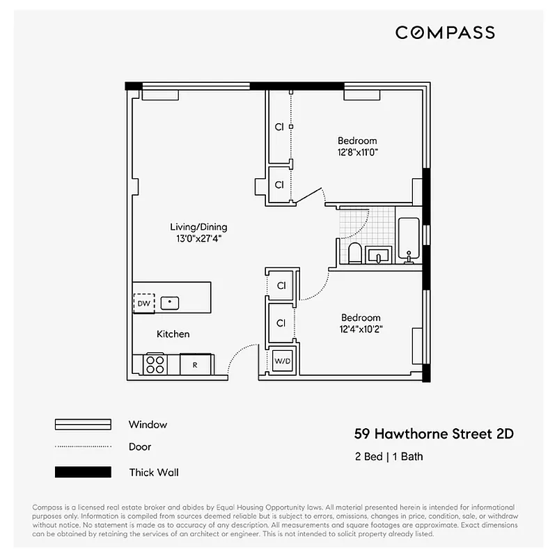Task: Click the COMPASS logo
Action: tap(445, 33)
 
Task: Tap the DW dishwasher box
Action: tap(143, 303)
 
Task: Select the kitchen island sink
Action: tap(169, 303)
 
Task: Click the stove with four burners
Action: tap(155, 364)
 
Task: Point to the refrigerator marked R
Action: tap(195, 364)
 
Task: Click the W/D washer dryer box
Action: tap(283, 361)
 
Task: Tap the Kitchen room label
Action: tap(173, 334)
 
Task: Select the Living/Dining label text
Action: tap(198, 227)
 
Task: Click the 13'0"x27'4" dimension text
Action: tap(198, 239)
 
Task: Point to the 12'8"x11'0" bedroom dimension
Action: tap(357, 152)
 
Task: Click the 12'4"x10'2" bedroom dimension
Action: tap(361, 329)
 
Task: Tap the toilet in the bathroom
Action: tap(354, 253)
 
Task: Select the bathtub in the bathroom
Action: tap(408, 240)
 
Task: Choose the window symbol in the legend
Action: tap(83, 425)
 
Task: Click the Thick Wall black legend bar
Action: tap(83, 472)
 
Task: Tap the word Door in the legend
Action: tap(140, 447)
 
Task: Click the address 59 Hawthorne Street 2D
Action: tap(434, 434)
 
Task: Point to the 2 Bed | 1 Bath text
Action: tap(389, 457)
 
